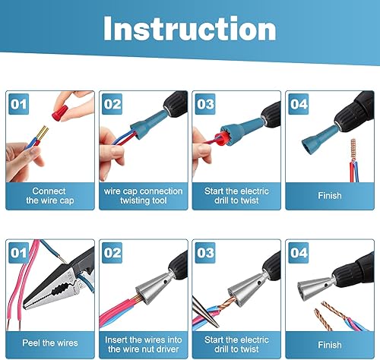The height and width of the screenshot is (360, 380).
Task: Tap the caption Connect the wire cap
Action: pyautogui.click(x=49, y=196)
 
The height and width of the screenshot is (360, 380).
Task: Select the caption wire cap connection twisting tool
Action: pyautogui.click(x=143, y=196)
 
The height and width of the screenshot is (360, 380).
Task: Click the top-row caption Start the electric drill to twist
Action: pyautogui.click(x=236, y=196)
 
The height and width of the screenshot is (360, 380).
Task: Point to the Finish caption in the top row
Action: pyautogui.click(x=329, y=196)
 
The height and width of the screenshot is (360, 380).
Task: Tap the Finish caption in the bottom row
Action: pyautogui.click(x=329, y=344)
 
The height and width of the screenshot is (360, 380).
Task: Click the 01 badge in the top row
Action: pyautogui.click(x=20, y=103)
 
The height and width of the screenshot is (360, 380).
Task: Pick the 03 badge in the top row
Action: pyautogui.click(x=206, y=103)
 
